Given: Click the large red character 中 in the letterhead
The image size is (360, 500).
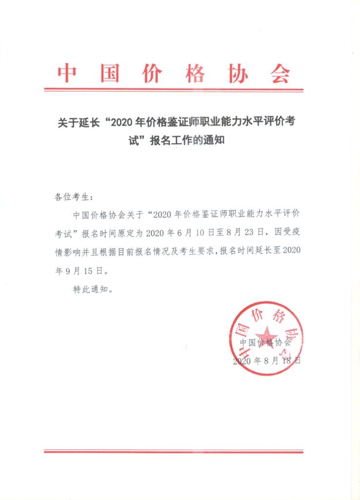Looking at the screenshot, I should (66, 74).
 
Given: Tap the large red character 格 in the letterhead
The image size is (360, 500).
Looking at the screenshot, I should (195, 74).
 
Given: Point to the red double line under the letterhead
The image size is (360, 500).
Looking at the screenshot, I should (174, 90).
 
